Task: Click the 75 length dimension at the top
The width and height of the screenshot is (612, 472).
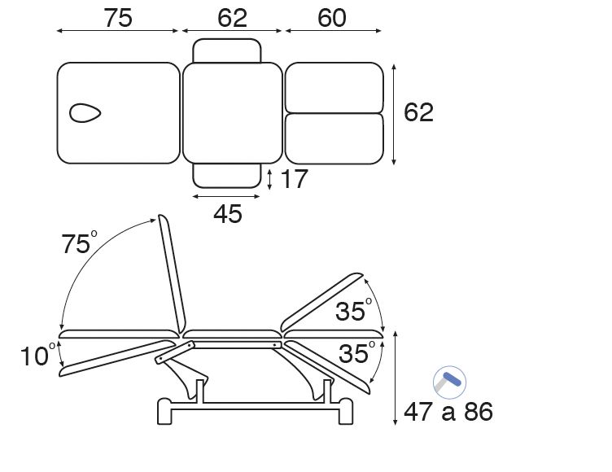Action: click(118, 18)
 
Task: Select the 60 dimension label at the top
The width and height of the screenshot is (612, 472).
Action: click(332, 18)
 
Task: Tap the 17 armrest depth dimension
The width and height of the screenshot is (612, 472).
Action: click(295, 179)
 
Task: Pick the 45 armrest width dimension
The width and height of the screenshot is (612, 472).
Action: click(228, 214)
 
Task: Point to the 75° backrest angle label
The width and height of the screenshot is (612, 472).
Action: click(79, 243)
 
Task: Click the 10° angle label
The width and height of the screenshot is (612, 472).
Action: click(38, 356)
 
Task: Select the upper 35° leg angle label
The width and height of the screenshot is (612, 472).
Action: click(354, 310)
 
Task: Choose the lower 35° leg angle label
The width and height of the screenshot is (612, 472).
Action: click(356, 353)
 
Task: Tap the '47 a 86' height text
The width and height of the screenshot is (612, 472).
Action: click(448, 412)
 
